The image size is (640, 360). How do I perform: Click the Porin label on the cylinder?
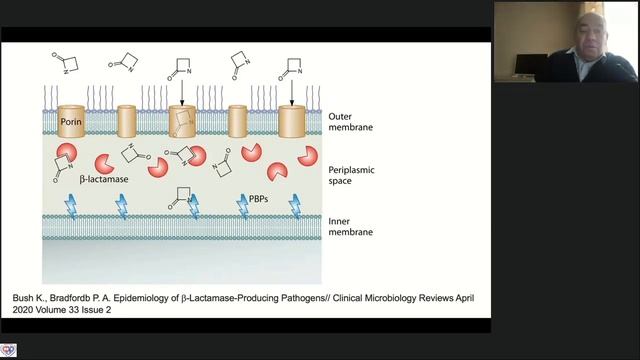(71, 122)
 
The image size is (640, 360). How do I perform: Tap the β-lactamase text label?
(104, 179)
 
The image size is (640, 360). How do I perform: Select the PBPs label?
(258, 199)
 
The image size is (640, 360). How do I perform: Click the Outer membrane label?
(351, 122)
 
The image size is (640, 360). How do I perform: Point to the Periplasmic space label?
(351, 176)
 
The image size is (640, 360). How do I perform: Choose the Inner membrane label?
(351, 227)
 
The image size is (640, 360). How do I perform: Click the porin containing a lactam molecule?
(182, 121)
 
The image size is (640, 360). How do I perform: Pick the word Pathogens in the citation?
(304, 298)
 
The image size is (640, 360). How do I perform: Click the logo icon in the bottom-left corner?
(8, 350)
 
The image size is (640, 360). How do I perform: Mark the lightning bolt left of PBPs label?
(243, 207)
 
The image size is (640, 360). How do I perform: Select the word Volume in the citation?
(51, 310)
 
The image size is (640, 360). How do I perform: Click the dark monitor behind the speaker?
(531, 64)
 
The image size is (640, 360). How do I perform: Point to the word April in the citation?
(465, 298)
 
